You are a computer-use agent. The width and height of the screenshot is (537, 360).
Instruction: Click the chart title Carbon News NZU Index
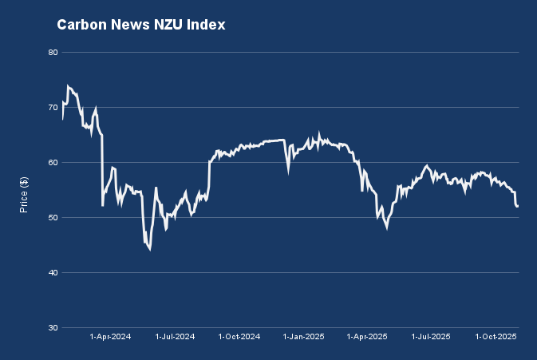pyautogui.click(x=141, y=26)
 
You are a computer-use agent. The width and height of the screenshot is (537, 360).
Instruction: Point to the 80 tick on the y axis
pyautogui.click(x=53, y=53)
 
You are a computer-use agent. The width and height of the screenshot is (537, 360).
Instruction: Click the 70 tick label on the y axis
pyautogui.click(x=53, y=107)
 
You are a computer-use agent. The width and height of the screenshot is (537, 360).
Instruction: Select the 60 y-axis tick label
pyautogui.click(x=53, y=163)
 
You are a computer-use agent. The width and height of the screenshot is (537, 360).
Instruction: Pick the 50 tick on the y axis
pyautogui.click(x=53, y=218)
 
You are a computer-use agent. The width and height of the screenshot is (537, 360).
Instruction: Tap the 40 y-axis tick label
pyautogui.click(x=53, y=273)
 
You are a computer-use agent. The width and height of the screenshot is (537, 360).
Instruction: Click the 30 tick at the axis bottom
pyautogui.click(x=53, y=328)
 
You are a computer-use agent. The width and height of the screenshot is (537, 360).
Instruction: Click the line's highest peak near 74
pyautogui.click(x=68, y=86)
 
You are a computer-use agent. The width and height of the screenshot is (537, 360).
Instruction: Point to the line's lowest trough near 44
pyautogui.click(x=149, y=249)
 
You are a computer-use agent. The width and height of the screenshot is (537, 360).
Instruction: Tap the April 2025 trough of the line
pyautogui.click(x=387, y=228)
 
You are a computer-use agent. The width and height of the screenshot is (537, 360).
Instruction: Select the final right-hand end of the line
pyautogui.click(x=518, y=207)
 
